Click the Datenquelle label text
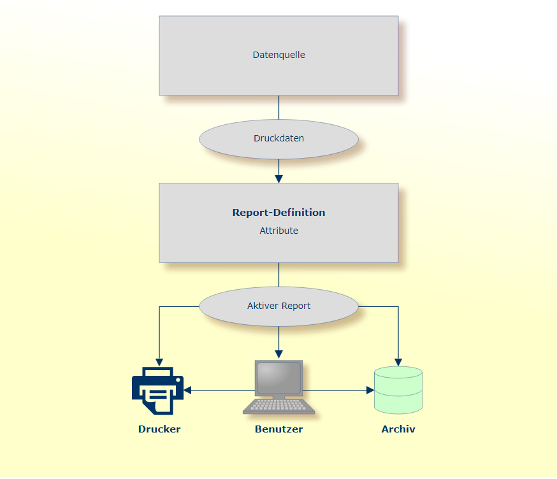pos(278,55)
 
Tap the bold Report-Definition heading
pos(278,213)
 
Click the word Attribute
pos(278,231)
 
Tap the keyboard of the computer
pos(278,406)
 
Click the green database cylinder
pos(398,389)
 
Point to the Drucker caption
pos(159,429)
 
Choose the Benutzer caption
pos(278,429)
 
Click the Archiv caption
pos(398,429)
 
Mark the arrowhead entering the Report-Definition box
pos(278,179)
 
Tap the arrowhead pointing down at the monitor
pos(278,355)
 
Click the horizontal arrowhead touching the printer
pos(188,390)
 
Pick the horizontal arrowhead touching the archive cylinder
pos(370,390)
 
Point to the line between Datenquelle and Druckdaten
pos(278,108)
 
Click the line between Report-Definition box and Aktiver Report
pos(278,275)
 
